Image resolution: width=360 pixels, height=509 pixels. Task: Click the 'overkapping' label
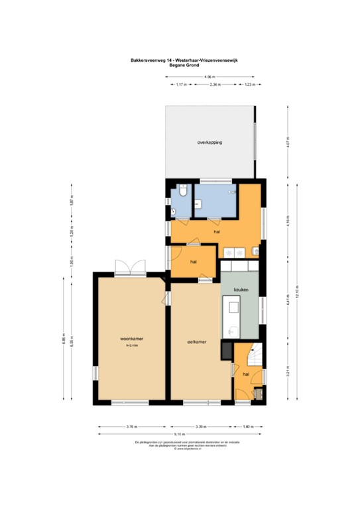click(209, 142)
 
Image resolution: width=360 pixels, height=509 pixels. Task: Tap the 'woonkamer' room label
click(133, 338)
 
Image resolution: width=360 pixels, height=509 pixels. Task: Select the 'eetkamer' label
click(196, 342)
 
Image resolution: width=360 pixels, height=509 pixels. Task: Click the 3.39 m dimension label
click(201, 425)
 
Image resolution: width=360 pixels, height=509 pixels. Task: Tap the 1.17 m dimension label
click(179, 85)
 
